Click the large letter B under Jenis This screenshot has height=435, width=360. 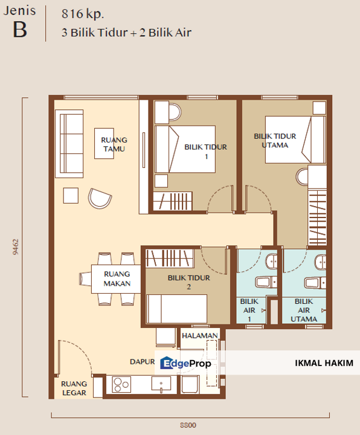click(x=20, y=30)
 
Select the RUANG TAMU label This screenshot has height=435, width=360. click(x=114, y=144)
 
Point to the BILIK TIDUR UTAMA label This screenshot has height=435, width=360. click(x=271, y=141)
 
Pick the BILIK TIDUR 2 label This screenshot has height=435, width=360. click(x=188, y=282)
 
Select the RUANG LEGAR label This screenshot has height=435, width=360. click(x=74, y=388)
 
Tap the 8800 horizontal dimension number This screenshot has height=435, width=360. click(x=188, y=425)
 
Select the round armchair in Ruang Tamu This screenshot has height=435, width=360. click(x=99, y=198)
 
